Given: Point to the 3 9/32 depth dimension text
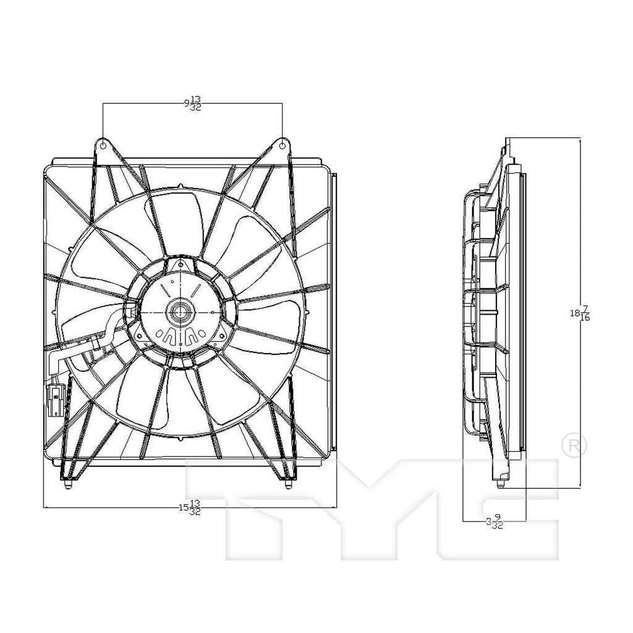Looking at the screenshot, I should point(495,522).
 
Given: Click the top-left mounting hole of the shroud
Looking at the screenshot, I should point(103,146).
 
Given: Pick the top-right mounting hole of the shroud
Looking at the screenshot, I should point(283,146).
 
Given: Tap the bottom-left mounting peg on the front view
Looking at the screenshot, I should point(67,485).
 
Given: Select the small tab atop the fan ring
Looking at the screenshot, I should point(179,185).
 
